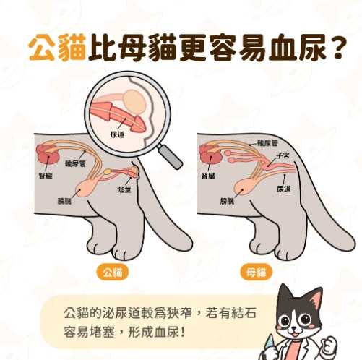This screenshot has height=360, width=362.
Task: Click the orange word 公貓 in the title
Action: point(56,48)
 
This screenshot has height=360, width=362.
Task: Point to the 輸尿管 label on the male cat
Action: point(75,164)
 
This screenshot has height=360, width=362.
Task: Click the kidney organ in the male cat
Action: point(48,154)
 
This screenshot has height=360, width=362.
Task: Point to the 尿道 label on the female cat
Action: point(283,189)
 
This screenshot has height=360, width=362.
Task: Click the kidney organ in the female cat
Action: point(210,154)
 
